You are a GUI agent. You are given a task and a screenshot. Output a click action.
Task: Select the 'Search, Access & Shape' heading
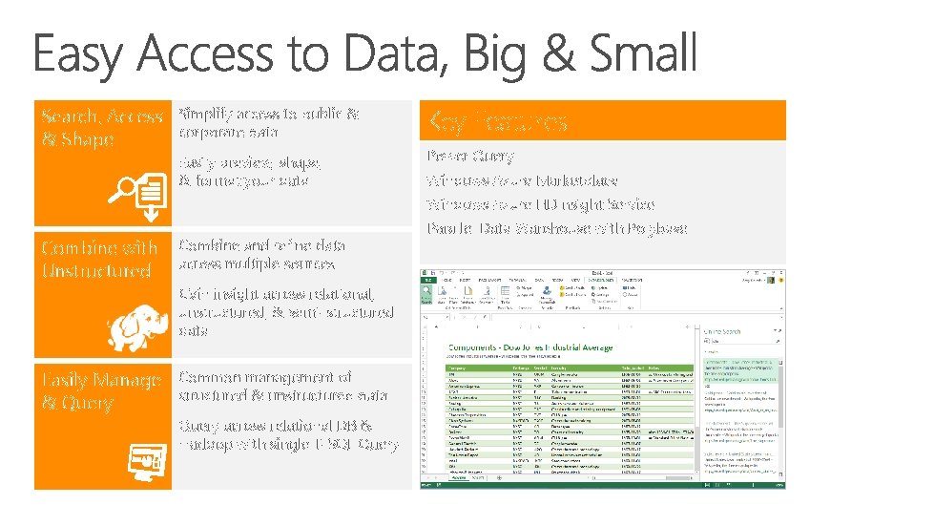tap(102, 128)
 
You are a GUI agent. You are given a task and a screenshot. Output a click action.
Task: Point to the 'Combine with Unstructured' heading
tap(98, 259)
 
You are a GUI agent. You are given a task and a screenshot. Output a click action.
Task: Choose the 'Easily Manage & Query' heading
tap(101, 391)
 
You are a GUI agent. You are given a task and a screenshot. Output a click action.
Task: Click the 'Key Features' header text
tap(498, 121)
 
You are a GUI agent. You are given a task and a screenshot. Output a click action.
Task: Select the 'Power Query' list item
tap(471, 156)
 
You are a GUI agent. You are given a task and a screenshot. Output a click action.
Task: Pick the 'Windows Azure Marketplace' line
tap(522, 180)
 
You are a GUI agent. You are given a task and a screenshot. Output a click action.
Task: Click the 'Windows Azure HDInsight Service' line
tap(540, 204)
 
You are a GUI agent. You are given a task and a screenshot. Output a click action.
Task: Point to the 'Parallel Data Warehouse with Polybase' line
tap(556, 229)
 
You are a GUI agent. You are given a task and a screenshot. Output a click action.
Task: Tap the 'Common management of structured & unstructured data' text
tap(282, 387)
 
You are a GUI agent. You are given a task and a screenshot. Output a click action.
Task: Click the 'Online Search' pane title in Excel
tap(722, 332)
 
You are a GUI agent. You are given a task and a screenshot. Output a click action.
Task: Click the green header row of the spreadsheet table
tap(563, 365)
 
